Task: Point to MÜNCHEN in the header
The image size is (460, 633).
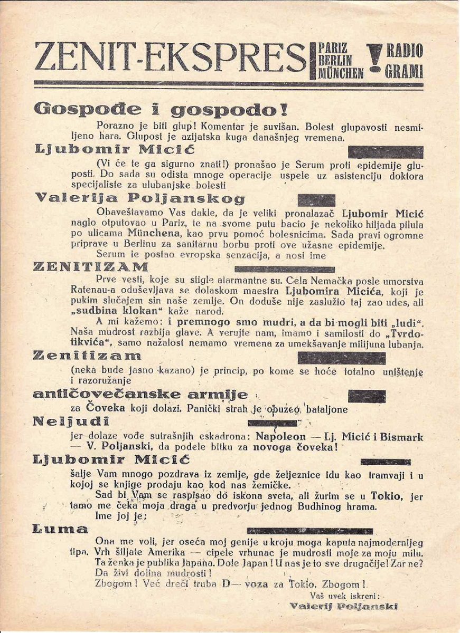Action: (x=341, y=73)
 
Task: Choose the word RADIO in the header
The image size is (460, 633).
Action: (x=405, y=51)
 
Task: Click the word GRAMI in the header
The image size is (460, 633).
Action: (x=405, y=72)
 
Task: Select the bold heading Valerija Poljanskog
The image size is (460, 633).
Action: (x=140, y=199)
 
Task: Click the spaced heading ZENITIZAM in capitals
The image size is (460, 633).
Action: (x=91, y=266)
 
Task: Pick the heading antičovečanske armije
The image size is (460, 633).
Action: (x=140, y=395)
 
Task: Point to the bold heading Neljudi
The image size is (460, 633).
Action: (x=71, y=421)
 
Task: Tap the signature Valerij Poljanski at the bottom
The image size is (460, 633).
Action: (x=343, y=606)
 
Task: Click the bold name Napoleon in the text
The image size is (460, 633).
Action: (x=280, y=437)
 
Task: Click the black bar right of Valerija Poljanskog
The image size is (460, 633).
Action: (x=316, y=200)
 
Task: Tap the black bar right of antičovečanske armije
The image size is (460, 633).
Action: (x=367, y=396)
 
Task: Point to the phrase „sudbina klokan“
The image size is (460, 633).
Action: (x=116, y=311)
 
